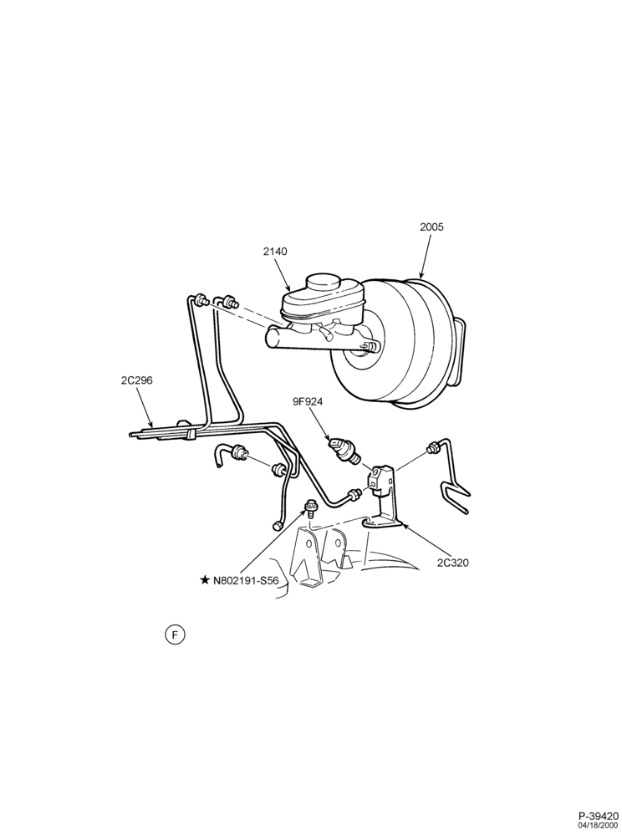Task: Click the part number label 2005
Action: (431, 227)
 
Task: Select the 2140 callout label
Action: (275, 251)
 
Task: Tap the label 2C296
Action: (137, 380)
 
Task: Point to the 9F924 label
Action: (308, 402)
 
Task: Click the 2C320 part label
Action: (453, 562)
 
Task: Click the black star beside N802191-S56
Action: (205, 580)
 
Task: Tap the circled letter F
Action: (175, 635)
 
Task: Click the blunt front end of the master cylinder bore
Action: (271, 338)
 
